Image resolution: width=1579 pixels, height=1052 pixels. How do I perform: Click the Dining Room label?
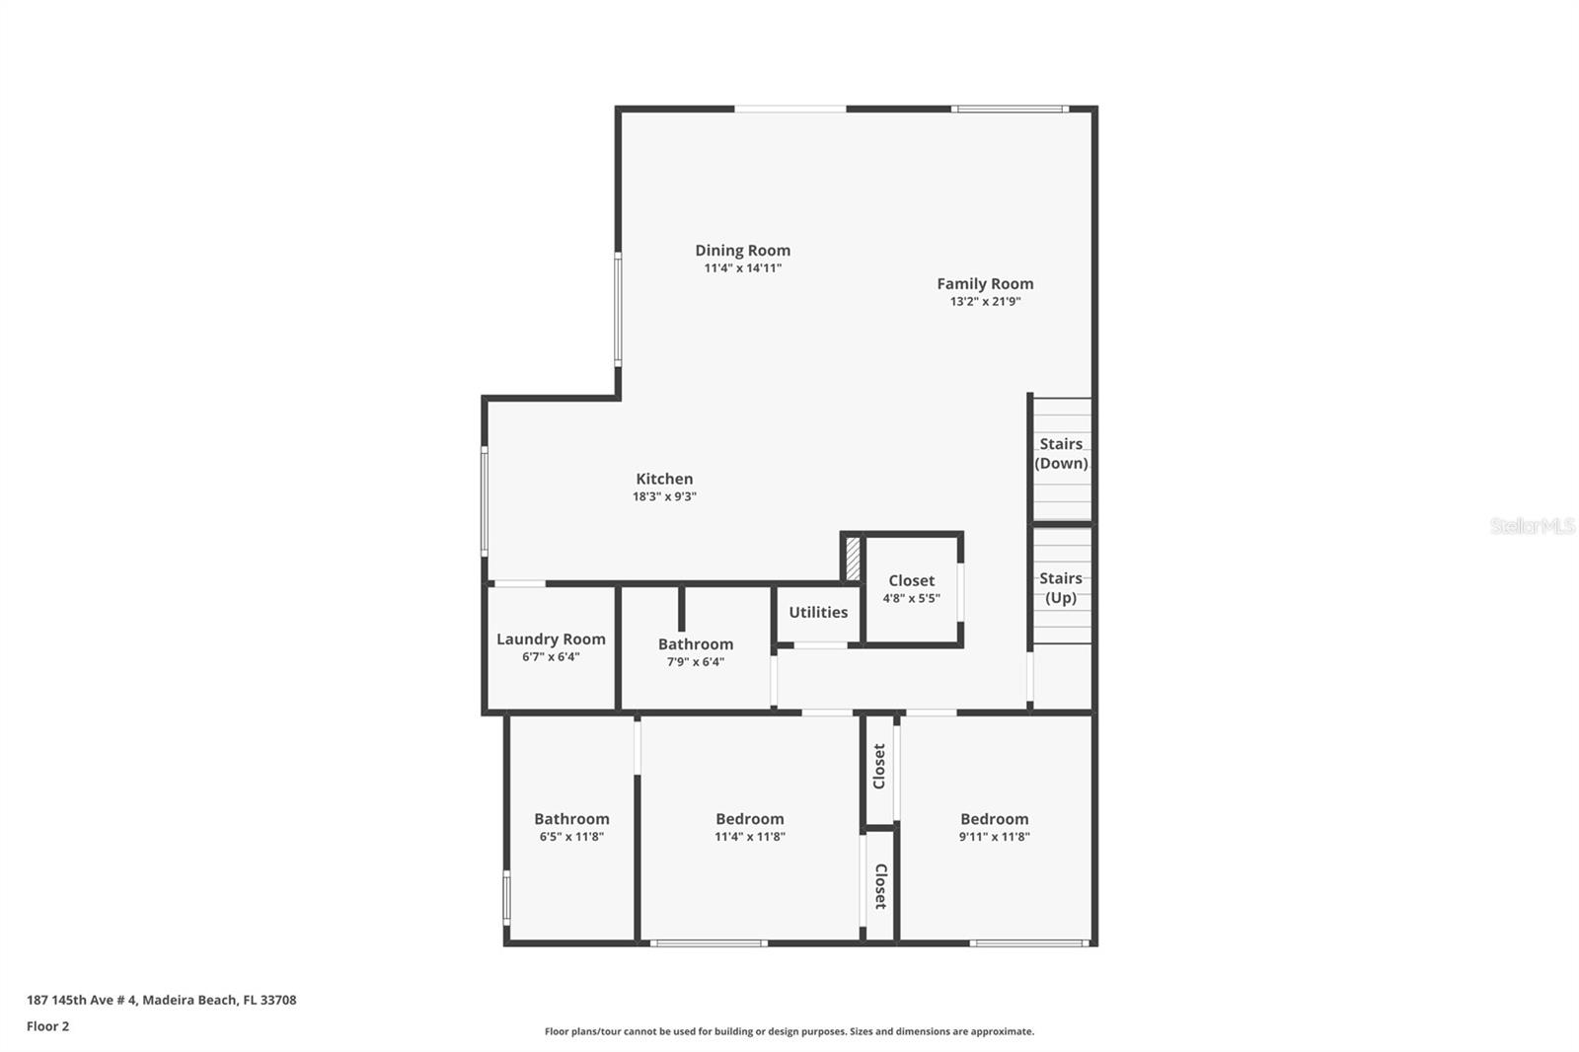742,251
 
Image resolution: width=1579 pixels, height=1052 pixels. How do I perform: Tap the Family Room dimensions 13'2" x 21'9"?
985,302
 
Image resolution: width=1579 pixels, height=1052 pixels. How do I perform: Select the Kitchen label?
664,479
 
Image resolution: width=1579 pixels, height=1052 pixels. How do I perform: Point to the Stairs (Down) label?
1061,454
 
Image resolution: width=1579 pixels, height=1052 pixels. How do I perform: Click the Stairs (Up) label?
1061,588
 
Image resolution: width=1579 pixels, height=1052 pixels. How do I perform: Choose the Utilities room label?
818,612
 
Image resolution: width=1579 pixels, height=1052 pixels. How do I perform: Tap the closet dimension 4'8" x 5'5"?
911,598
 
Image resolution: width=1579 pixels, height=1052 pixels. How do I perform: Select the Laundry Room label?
551,639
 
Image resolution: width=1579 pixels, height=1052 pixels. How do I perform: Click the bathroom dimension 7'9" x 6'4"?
696,662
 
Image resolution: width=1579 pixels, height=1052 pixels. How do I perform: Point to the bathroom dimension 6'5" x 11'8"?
571,837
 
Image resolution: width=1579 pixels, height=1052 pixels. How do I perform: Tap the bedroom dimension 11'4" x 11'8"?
750,837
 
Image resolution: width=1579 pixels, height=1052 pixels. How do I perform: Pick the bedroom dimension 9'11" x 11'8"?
994,837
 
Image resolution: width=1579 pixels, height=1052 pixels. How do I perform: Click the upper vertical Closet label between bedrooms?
879,766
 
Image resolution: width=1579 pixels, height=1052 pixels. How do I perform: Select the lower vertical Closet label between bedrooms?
880,885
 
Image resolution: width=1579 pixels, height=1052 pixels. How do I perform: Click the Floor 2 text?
47,1026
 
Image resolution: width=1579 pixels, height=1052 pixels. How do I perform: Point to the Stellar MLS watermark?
1532,526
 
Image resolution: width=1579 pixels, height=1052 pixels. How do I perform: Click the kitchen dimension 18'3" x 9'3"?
664,497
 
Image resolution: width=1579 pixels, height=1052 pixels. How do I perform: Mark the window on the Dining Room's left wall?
618,310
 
